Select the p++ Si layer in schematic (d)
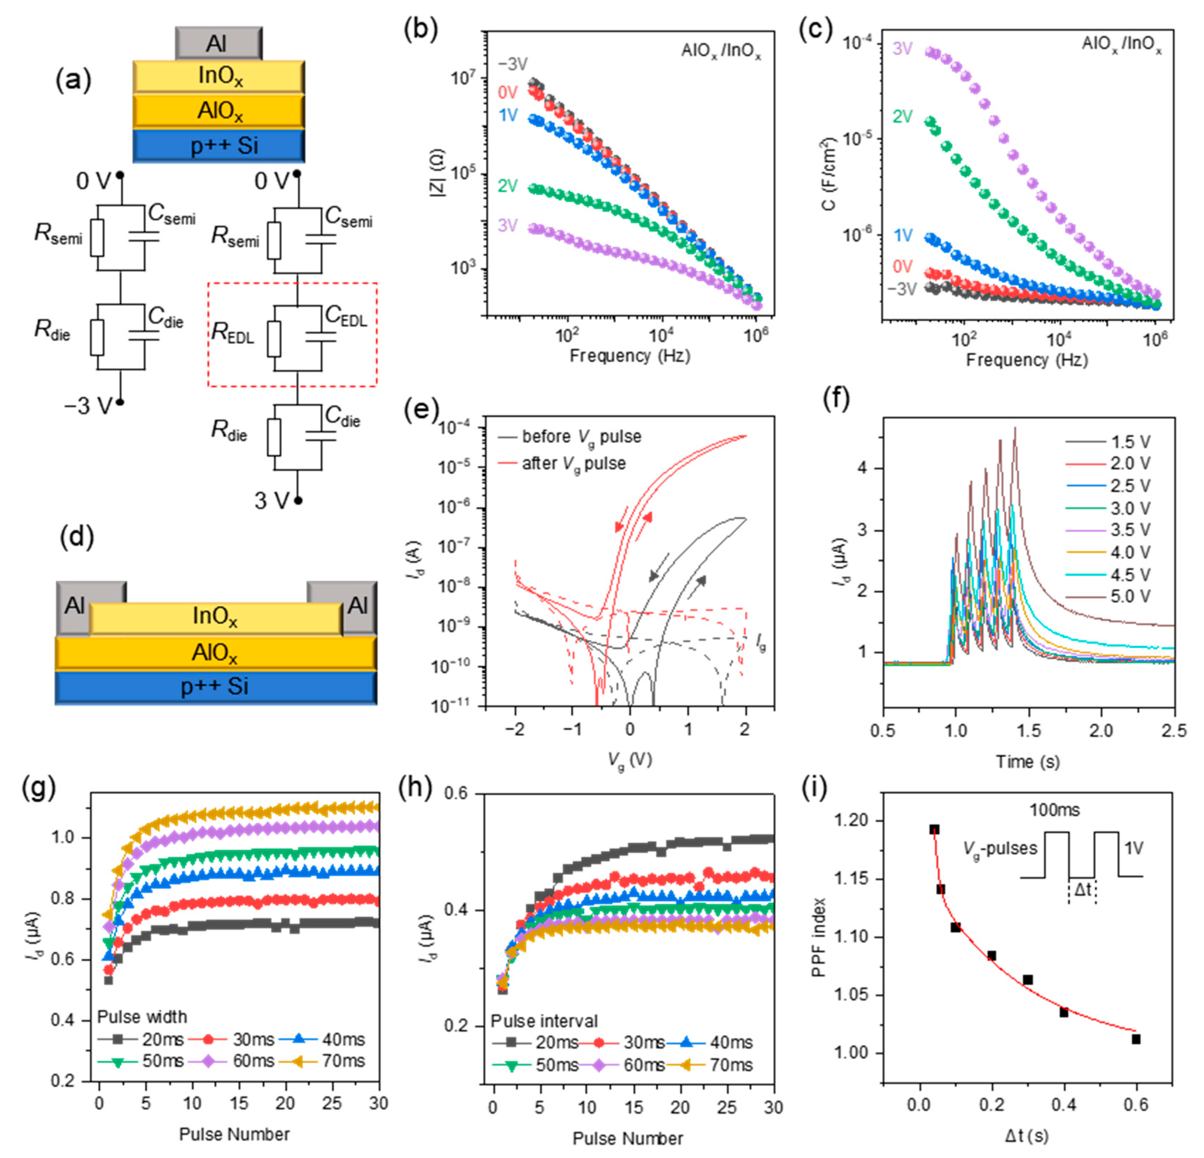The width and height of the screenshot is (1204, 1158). (215, 687)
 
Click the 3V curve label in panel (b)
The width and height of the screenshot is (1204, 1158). (507, 226)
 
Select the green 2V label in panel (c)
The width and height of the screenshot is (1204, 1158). (903, 116)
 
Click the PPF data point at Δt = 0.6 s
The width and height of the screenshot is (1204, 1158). (1136, 1039)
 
